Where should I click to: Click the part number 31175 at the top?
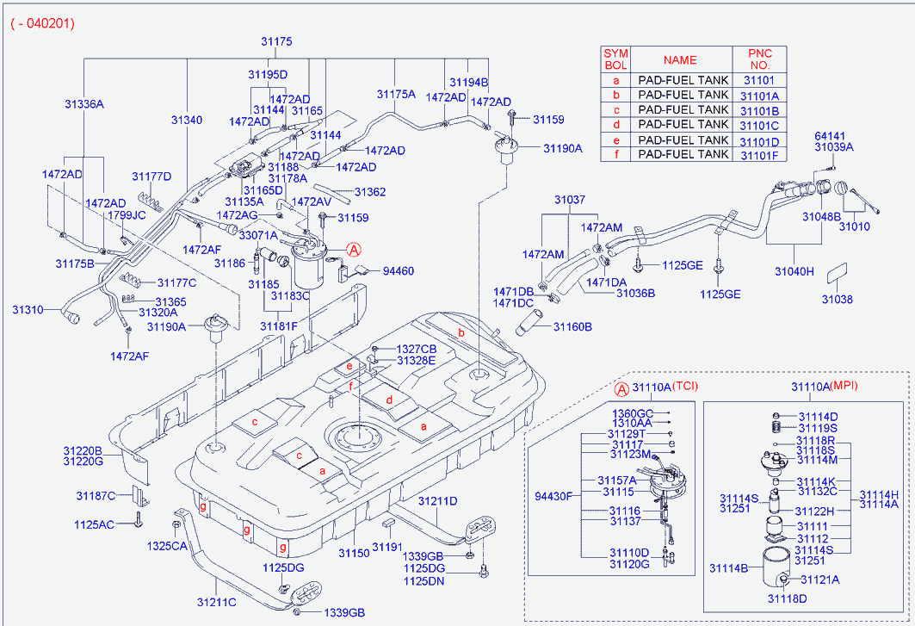pyautogui.click(x=277, y=41)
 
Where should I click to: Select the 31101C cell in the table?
pyautogui.click(x=758, y=125)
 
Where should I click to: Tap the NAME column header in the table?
pyautogui.click(x=680, y=60)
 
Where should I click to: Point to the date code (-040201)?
pyautogui.click(x=43, y=24)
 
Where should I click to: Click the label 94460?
pyautogui.click(x=398, y=271)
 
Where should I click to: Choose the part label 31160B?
pyautogui.click(x=573, y=327)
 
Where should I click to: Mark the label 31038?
pyautogui.click(x=836, y=300)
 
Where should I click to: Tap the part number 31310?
pyautogui.click(x=28, y=307)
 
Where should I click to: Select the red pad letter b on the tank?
pyautogui.click(x=461, y=332)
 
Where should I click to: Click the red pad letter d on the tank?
pyautogui.click(x=389, y=400)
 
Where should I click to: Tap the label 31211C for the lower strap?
pyautogui.click(x=216, y=602)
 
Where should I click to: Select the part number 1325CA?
pyautogui.click(x=166, y=546)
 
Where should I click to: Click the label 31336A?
pyautogui.click(x=83, y=104)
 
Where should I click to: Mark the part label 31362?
pyautogui.click(x=369, y=192)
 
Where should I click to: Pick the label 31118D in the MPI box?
pyautogui.click(x=787, y=598)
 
